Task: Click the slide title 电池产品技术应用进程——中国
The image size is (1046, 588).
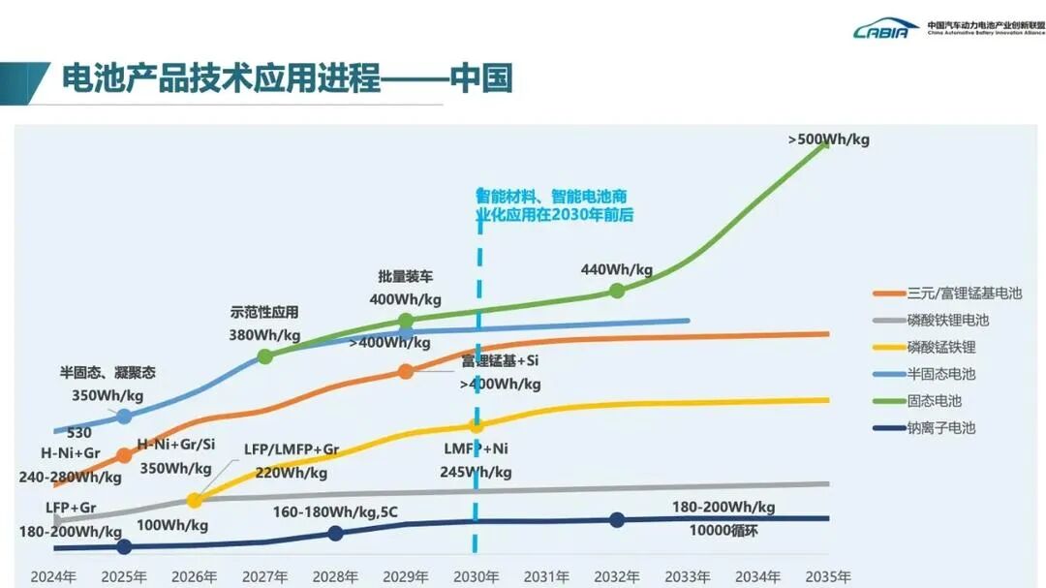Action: [287, 78]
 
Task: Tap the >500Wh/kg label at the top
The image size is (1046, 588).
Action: [828, 139]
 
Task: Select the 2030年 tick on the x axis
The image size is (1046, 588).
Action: [476, 576]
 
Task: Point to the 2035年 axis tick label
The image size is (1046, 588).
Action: [828, 576]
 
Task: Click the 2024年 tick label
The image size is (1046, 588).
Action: [53, 576]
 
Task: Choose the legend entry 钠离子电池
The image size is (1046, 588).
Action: [940, 427]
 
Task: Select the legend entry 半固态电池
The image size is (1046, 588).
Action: [940, 374]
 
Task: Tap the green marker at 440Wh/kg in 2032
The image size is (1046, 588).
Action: [617, 291]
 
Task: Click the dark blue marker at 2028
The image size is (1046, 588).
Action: [335, 533]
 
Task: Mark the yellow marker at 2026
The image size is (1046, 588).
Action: [194, 501]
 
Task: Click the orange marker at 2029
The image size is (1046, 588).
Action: [406, 371]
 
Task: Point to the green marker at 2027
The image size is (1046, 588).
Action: [264, 356]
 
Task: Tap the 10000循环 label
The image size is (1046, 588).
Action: [723, 530]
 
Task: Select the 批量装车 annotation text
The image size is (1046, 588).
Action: [405, 276]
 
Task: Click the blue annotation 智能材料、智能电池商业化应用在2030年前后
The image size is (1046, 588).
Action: [554, 204]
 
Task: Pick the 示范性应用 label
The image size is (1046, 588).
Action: [264, 312]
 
